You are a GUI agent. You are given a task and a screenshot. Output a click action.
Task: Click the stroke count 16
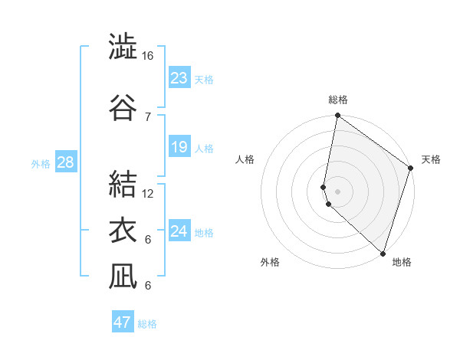pos(148,56)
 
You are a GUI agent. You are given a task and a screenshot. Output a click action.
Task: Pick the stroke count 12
pos(148,193)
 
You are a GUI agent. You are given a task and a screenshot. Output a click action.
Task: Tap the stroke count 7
pos(148,116)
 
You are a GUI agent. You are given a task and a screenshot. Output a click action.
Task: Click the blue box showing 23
pos(179,78)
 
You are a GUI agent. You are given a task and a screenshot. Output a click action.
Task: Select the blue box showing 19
pos(179,147)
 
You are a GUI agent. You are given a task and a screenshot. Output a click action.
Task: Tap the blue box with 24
pos(179,231)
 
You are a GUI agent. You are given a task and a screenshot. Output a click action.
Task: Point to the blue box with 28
pos(65,162)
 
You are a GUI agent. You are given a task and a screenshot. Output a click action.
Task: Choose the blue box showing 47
pos(123,322)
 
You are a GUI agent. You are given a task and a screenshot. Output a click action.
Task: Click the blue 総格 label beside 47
pos(147,324)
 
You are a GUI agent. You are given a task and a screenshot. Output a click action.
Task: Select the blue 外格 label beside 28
pos(41,163)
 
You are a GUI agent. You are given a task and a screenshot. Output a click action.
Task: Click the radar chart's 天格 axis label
pos(431,159)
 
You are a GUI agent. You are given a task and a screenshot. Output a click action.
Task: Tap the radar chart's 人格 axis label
pos(245,159)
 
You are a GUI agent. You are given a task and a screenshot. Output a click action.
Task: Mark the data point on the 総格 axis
pos(337,116)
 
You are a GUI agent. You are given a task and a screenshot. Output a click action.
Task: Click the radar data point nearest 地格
pos(383,253)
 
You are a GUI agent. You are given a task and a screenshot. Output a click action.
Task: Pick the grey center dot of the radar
pos(337,191)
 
